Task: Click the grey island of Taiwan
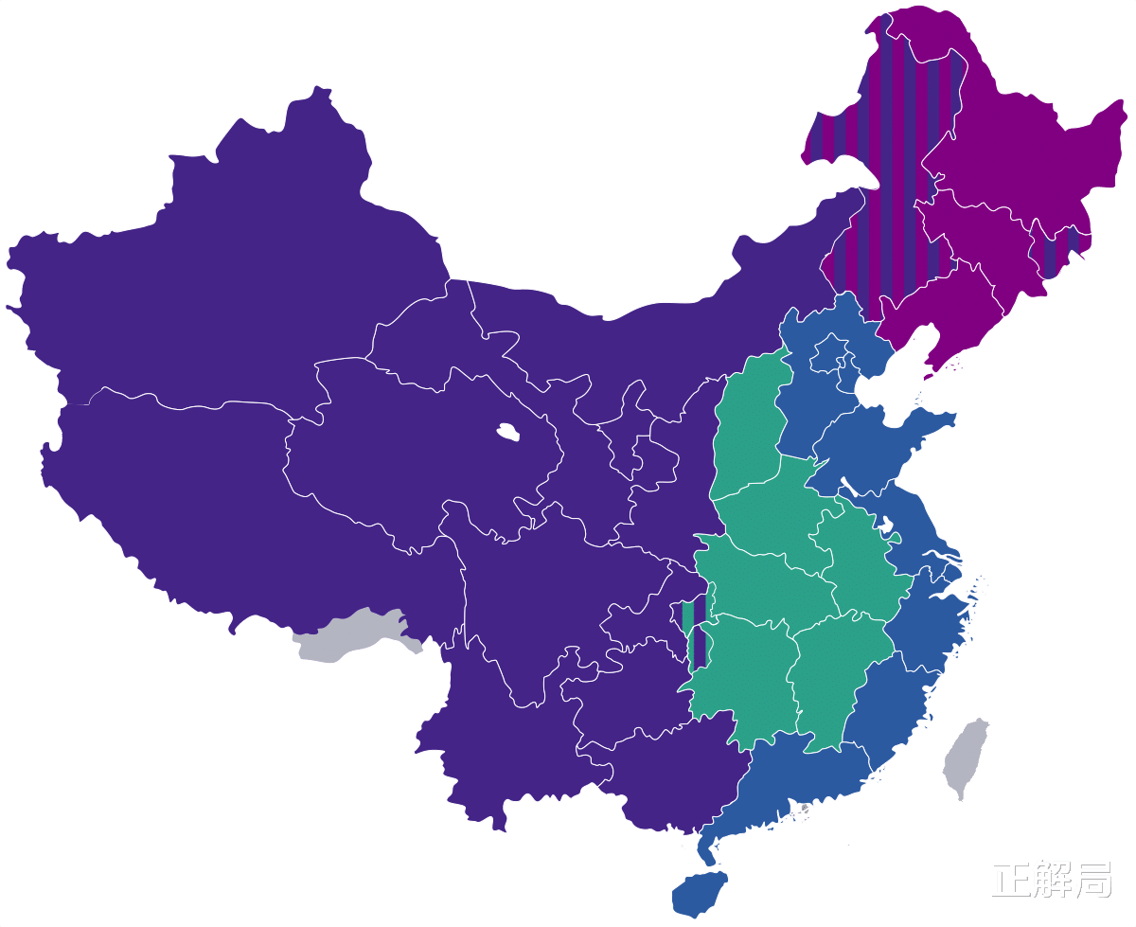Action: pyautogui.click(x=967, y=758)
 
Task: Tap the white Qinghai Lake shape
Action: pyautogui.click(x=508, y=433)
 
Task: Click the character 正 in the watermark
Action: pyautogui.click(x=1010, y=880)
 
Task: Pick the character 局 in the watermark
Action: pyautogui.click(x=1092, y=880)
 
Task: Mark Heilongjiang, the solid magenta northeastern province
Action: pyautogui.click(x=1013, y=142)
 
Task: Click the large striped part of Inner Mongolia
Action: pyautogui.click(x=890, y=189)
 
